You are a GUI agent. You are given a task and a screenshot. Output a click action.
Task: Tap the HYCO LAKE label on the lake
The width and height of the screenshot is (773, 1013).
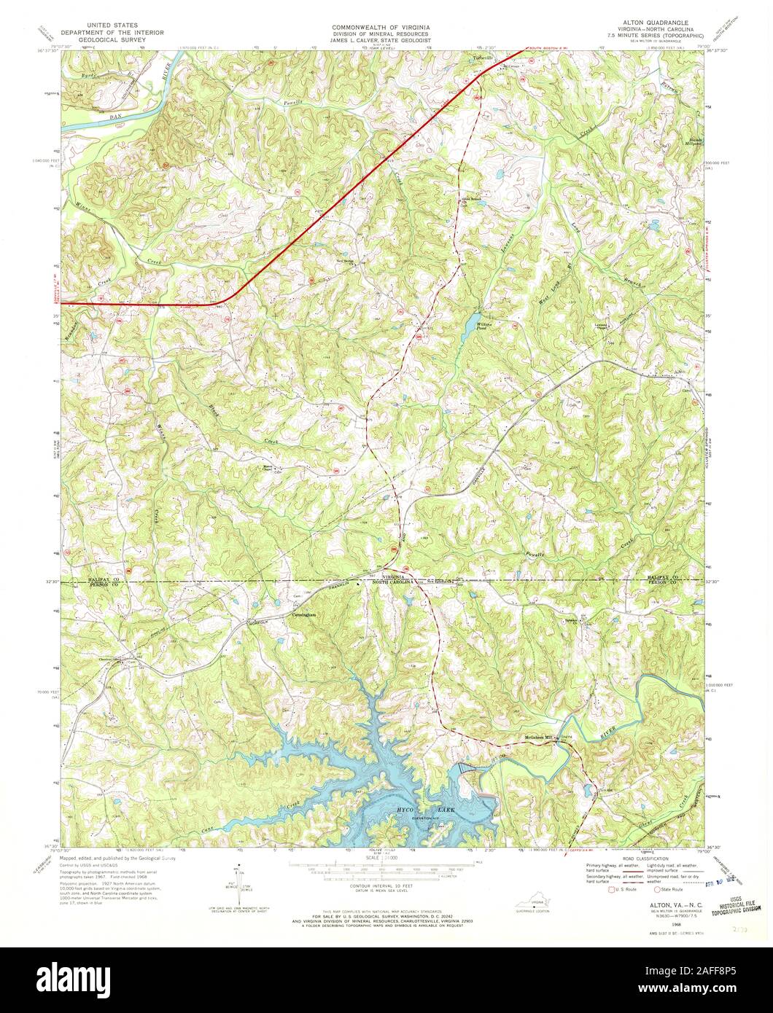424,810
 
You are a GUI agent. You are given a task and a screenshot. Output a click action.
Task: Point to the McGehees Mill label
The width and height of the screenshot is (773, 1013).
539,736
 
